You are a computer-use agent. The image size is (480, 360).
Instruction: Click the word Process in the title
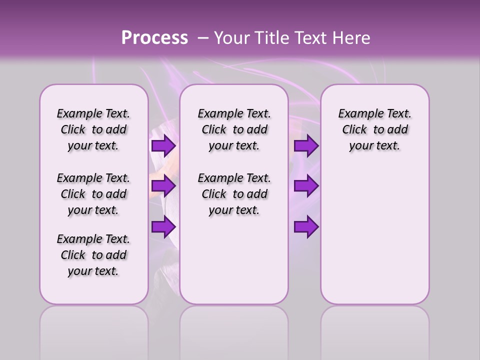154,38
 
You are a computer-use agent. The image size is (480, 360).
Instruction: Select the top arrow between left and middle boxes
163,146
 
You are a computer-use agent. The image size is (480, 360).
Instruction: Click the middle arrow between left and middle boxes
163,186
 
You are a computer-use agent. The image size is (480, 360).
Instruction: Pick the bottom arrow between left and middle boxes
163,227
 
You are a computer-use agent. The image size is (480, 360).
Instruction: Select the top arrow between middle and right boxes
306,146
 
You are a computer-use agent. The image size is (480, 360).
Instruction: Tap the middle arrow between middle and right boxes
306,186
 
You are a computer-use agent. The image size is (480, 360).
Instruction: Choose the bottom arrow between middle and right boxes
306,227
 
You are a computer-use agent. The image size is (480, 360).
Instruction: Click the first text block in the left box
93,129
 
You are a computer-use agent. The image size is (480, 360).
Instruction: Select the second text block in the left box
93,194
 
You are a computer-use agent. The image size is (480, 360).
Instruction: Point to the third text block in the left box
93,255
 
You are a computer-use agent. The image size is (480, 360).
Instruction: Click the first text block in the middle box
234,129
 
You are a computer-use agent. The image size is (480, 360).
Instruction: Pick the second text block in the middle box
234,194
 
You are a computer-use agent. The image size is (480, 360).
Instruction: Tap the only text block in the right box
374,129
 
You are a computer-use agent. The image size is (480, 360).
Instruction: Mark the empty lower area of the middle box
234,260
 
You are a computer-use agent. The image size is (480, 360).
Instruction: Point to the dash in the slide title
203,38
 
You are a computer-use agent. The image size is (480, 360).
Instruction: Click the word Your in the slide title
231,38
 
